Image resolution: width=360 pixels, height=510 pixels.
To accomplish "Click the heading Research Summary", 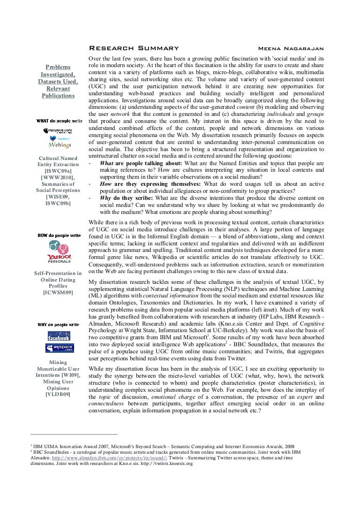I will (x=134, y=48).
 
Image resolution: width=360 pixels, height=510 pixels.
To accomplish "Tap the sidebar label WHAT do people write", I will (x=59, y=121).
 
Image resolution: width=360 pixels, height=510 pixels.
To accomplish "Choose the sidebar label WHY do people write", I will (x=59, y=324).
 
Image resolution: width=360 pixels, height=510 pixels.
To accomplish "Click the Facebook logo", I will (x=59, y=336).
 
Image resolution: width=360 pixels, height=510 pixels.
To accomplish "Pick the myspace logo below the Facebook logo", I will (x=59, y=348).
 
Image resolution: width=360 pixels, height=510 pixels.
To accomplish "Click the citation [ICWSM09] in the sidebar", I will (x=58, y=293).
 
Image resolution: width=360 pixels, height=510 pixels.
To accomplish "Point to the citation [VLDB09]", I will (x=58, y=395).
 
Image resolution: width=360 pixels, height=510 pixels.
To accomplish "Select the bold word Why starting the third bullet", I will (x=106, y=198).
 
